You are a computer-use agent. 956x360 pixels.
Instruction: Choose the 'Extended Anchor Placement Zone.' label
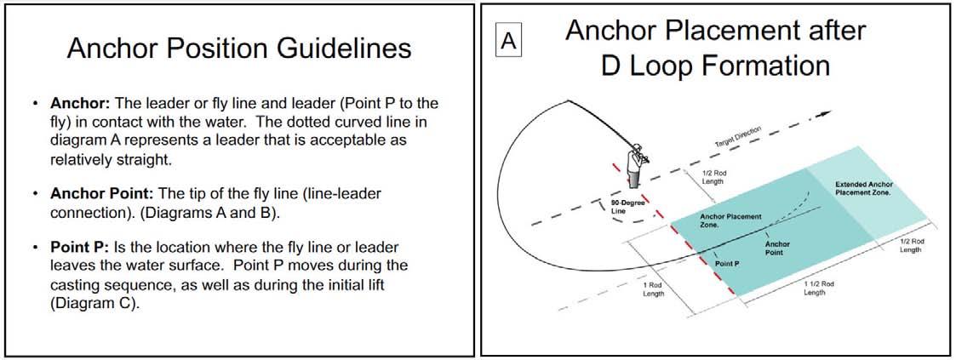863,188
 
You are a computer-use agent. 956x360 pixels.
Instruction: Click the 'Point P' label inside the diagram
726,264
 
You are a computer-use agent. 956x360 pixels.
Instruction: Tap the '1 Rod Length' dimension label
655,289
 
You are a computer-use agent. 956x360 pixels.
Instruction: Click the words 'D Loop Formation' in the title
715,65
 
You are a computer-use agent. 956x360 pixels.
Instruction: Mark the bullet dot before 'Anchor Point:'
36,194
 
